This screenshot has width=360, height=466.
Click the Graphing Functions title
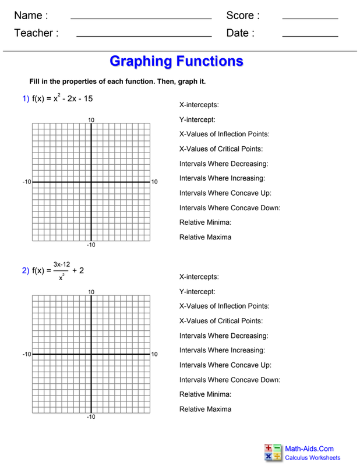176,61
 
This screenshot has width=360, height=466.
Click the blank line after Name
140,19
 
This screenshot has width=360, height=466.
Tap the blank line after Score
310,19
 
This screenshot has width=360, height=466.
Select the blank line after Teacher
143,37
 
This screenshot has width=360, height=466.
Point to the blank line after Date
310,37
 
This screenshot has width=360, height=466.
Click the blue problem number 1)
26,99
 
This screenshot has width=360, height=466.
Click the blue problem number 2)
26,270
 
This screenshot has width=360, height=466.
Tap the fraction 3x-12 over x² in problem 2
61,270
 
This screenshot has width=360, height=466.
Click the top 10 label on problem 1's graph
91,120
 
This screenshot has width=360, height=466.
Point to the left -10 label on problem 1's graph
27,182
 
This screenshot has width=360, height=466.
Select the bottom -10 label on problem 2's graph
91,417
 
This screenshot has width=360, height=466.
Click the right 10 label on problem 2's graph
154,354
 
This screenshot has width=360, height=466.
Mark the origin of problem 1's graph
91,182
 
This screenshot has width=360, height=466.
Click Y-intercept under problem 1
197,120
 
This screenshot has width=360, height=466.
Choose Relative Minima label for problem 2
205,394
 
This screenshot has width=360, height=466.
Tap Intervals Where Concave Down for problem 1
230,208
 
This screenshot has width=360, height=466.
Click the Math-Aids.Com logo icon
273,453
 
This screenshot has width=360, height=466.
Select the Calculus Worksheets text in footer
312,458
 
